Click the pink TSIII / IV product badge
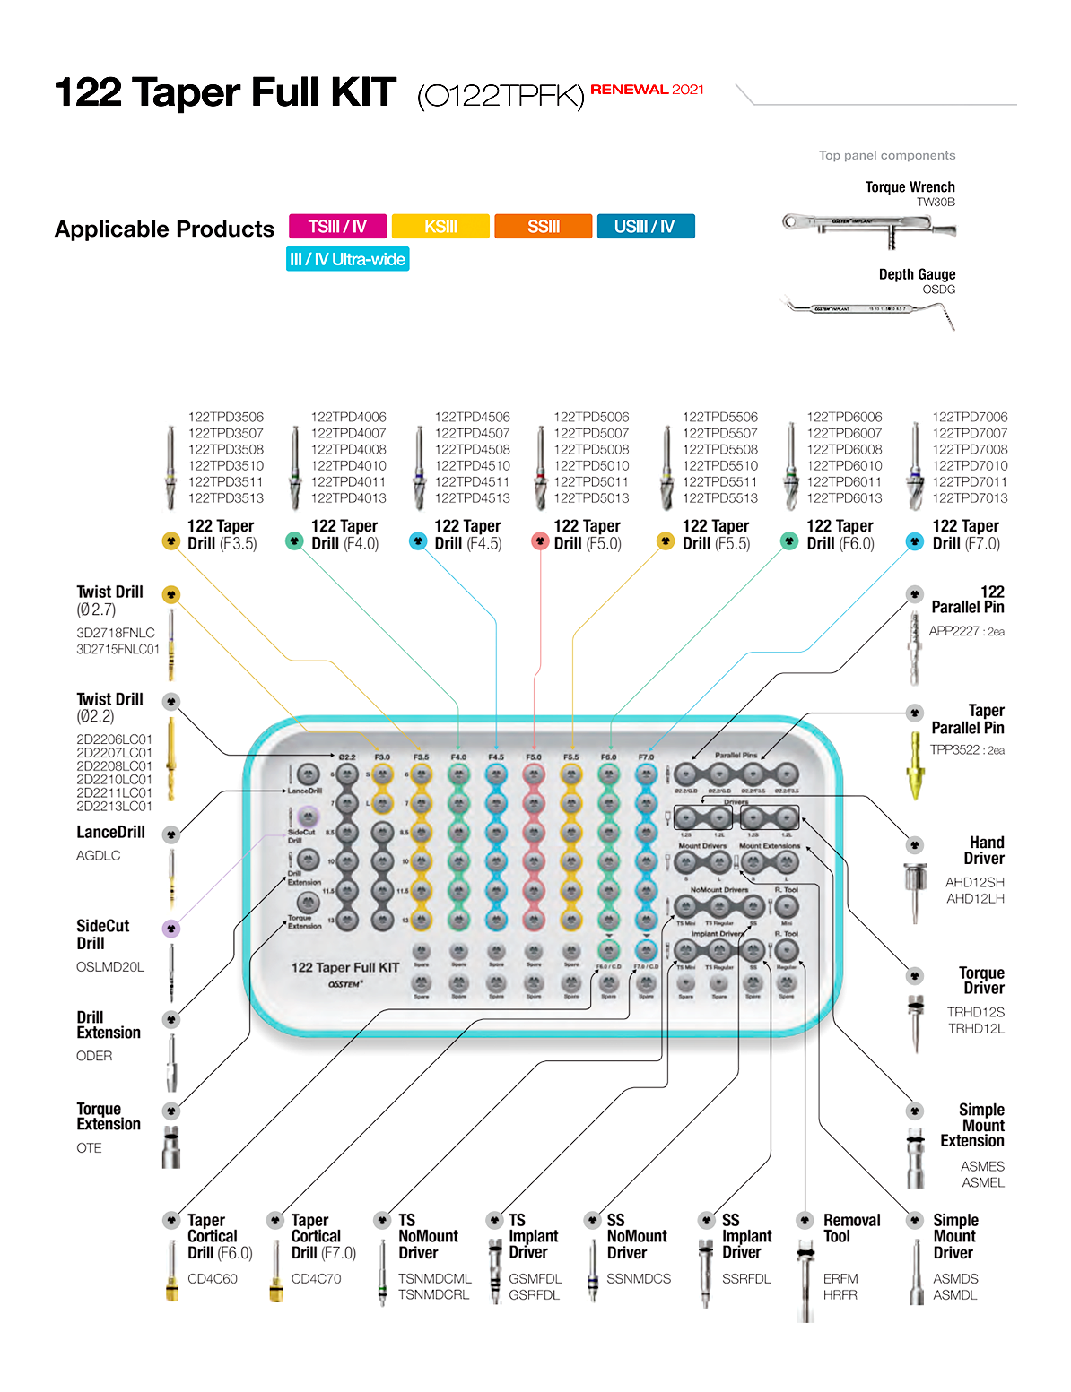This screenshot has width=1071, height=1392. pyautogui.click(x=337, y=226)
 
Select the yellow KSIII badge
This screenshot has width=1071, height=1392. pyautogui.click(x=440, y=226)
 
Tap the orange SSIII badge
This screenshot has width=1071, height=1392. pyautogui.click(x=543, y=226)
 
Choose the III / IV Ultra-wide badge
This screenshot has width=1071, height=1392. pyautogui.click(x=347, y=259)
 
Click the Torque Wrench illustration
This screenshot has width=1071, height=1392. pyautogui.click(x=868, y=225)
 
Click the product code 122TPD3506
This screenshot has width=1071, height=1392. pyautogui.click(x=226, y=417)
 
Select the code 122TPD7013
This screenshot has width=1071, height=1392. pyautogui.click(x=970, y=497)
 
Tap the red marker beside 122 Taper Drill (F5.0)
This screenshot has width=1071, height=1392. pyautogui.click(x=539, y=540)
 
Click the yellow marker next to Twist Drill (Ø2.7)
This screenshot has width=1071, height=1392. pyautogui.click(x=171, y=594)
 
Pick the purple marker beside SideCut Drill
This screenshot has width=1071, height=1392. pyautogui.click(x=171, y=929)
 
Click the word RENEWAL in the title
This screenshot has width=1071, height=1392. pyautogui.click(x=629, y=90)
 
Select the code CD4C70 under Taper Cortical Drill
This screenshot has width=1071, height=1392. pyautogui.click(x=316, y=1278)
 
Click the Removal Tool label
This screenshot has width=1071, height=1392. pyautogui.click(x=851, y=1228)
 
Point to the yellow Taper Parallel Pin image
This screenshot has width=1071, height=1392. pyautogui.click(x=915, y=766)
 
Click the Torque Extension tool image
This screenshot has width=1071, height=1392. pyautogui.click(x=170, y=1147)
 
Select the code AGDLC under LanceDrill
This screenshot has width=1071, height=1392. pyautogui.click(x=98, y=855)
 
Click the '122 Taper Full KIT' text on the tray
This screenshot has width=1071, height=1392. pyautogui.click(x=344, y=967)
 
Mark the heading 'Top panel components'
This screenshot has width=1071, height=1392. pyautogui.click(x=886, y=155)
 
